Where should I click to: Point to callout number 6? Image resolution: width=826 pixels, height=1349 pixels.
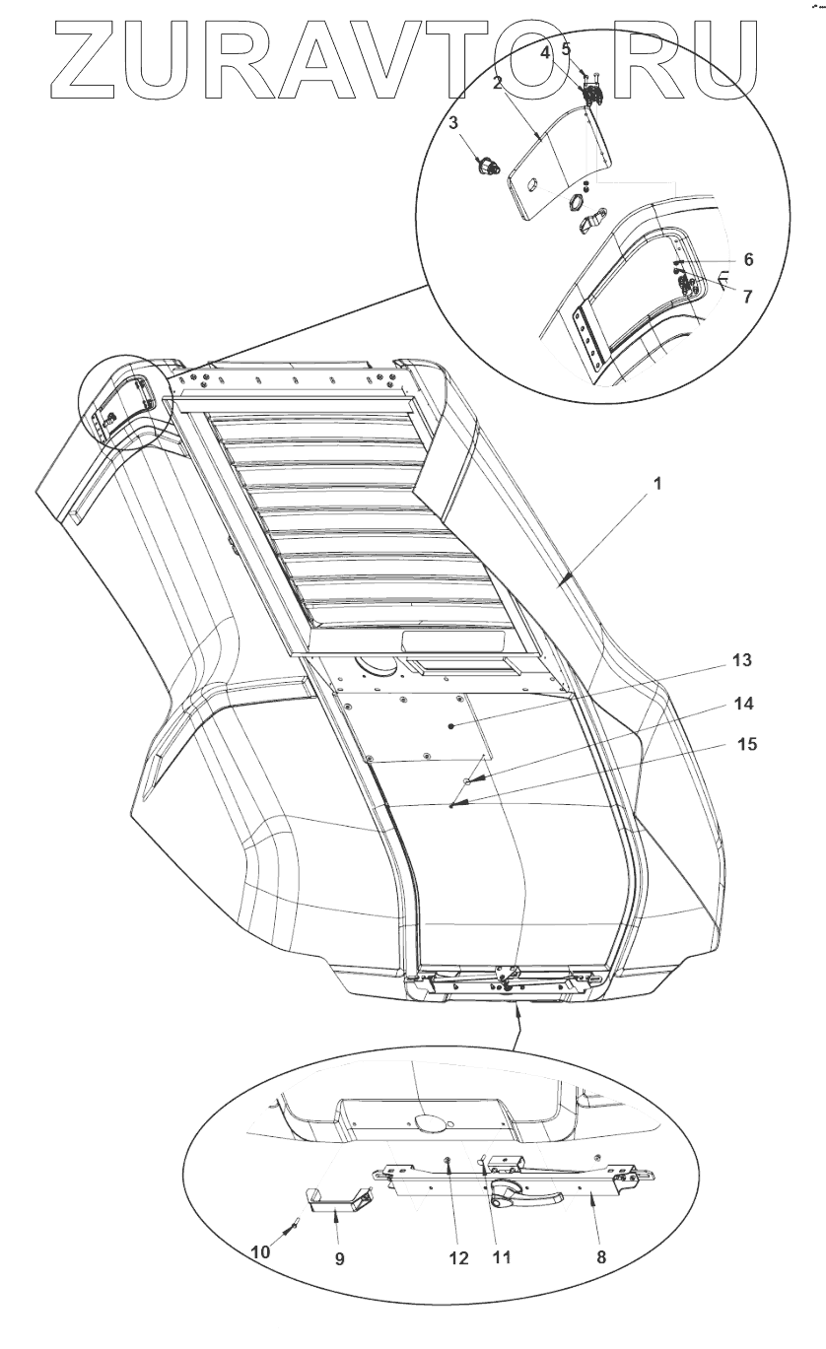[748, 259]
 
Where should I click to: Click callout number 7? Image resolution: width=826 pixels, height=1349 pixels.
[748, 297]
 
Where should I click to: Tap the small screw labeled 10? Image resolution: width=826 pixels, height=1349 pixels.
[292, 1224]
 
